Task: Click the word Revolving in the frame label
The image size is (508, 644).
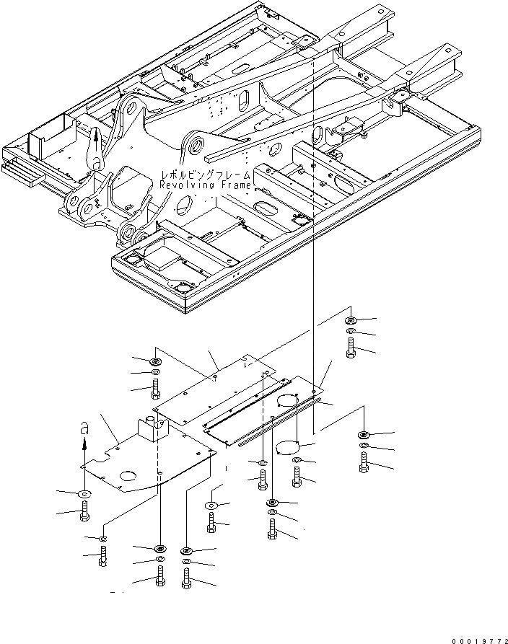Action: coord(185,185)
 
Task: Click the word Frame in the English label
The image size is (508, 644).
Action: coord(234,185)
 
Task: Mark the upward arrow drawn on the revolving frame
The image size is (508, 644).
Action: coord(95,135)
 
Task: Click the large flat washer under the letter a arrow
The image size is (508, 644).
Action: coord(83,494)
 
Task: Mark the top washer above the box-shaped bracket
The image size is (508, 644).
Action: coord(155,361)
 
